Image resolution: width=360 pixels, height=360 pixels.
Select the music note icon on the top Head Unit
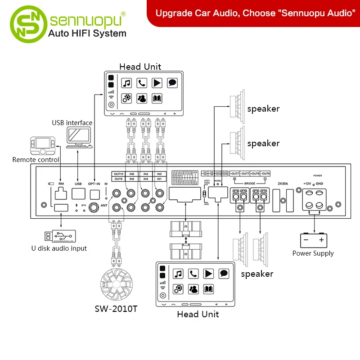[x=127, y=83]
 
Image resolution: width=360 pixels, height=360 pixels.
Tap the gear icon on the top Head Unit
[x=127, y=98]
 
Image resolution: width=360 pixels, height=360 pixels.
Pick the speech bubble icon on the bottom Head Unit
[x=224, y=273]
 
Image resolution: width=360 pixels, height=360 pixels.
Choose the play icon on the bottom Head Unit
[x=208, y=273]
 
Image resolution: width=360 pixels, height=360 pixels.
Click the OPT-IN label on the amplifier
[x=94, y=184]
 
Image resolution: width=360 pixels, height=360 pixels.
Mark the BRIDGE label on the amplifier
[x=250, y=184]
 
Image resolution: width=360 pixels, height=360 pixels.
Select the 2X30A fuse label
[x=283, y=184]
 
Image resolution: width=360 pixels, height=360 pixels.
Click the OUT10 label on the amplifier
[x=118, y=174]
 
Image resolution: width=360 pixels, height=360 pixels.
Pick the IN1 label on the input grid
[x=159, y=179]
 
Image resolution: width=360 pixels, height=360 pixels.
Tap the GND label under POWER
[x=319, y=184]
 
